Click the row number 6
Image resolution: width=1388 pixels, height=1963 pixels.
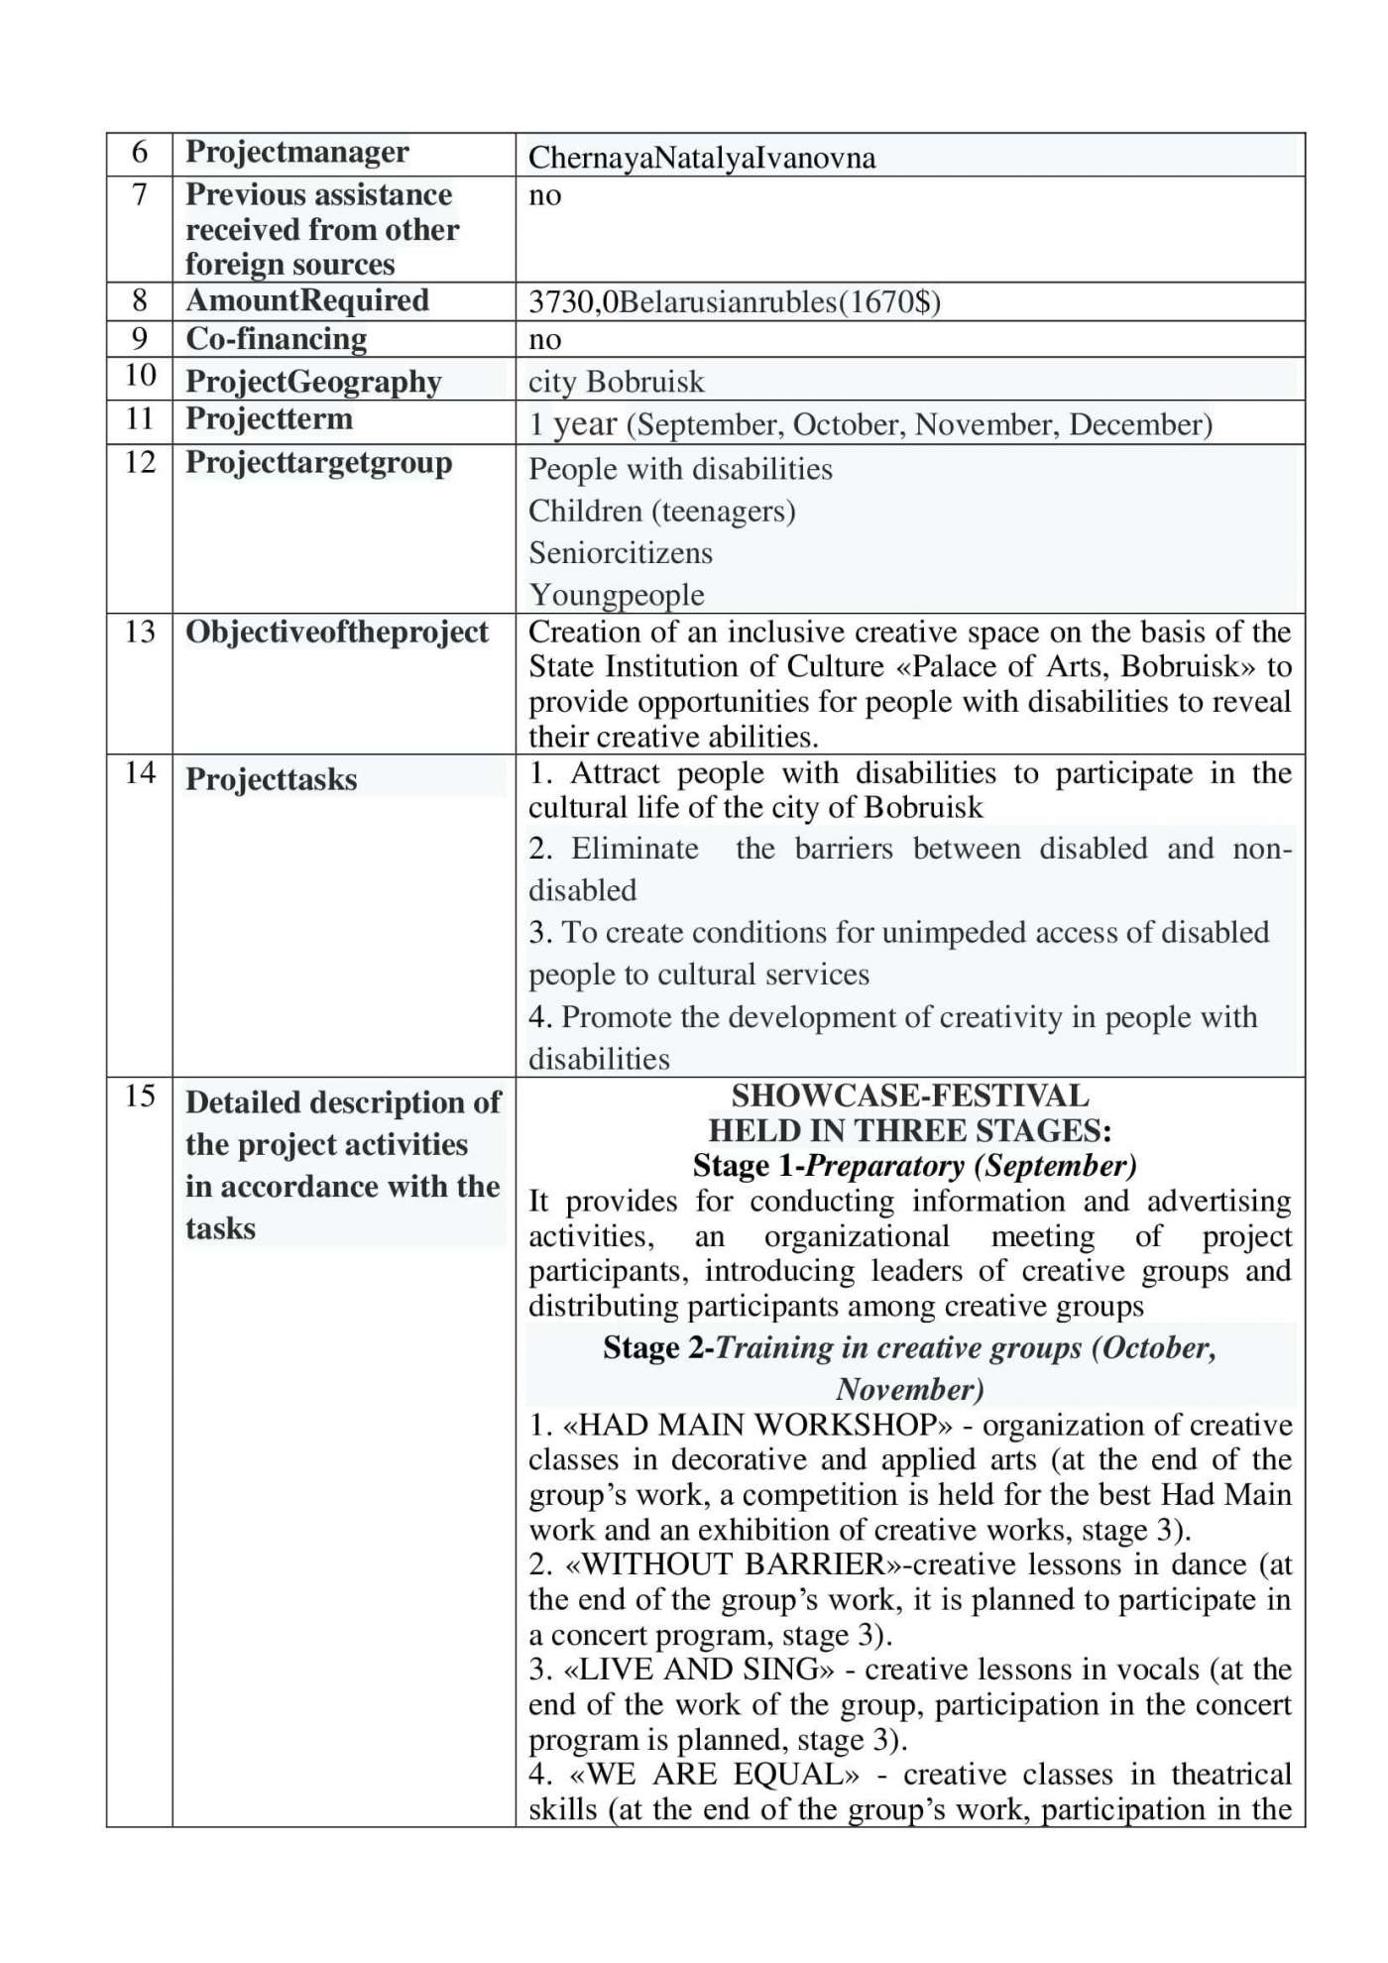(140, 153)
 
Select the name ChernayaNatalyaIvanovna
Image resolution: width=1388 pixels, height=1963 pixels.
(702, 158)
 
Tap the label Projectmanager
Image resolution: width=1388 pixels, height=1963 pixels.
(296, 152)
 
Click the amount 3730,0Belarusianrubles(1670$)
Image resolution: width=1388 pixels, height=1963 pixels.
(734, 301)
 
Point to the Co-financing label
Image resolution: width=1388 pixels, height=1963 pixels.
(276, 339)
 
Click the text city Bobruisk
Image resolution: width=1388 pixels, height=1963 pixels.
(616, 382)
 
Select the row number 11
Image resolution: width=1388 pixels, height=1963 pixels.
(140, 418)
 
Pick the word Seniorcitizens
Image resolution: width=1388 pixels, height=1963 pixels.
(620, 552)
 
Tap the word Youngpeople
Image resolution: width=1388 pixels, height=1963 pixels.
(617, 595)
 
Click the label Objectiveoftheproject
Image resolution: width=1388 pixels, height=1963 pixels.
(336, 633)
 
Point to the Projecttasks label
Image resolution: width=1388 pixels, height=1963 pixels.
(271, 779)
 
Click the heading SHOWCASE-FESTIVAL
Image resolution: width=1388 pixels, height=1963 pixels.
(909, 1096)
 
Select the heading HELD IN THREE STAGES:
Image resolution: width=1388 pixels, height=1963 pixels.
(909, 1130)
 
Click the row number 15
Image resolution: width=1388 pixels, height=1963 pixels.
(140, 1096)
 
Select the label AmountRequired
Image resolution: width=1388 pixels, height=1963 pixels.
(306, 300)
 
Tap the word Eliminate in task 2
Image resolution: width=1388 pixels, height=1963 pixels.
(635, 849)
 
